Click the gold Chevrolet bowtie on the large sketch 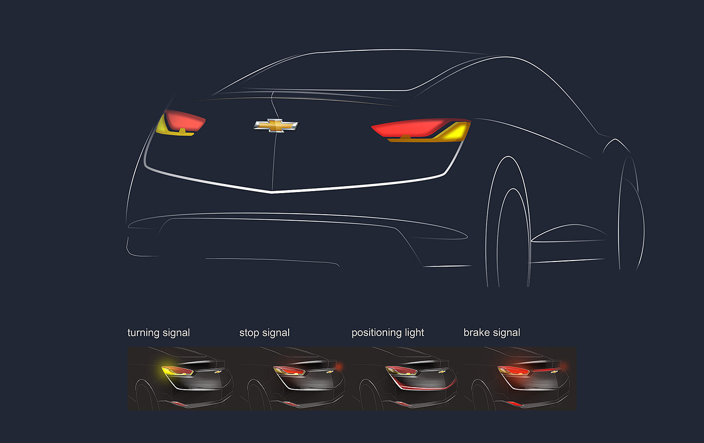point(276,125)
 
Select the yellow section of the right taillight point(455,133)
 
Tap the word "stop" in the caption point(249,333)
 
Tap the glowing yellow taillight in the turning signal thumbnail point(176,371)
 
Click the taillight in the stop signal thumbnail point(289,371)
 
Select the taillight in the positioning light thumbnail point(401,371)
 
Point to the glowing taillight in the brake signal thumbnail point(513,371)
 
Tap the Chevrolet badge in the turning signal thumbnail point(218,372)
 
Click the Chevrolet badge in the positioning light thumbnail point(443,372)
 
